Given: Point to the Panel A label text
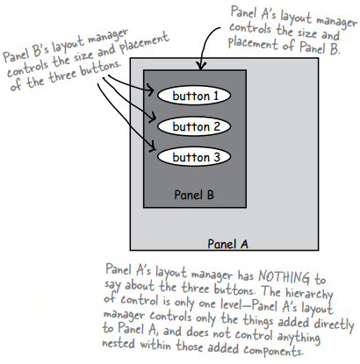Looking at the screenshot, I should pyautogui.click(x=228, y=242).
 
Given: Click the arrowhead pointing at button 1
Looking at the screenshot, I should pyautogui.click(x=153, y=92).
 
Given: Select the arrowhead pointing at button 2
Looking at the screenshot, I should pyautogui.click(x=153, y=125).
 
